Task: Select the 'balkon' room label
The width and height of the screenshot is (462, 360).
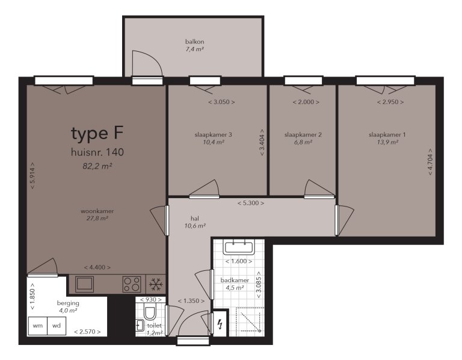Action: pyautogui.click(x=194, y=42)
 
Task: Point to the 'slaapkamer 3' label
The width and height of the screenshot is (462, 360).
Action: pyautogui.click(x=214, y=134)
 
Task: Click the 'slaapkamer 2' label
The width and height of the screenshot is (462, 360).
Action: pyautogui.click(x=303, y=134)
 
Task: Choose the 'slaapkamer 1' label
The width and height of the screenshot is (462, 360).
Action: pyautogui.click(x=387, y=134)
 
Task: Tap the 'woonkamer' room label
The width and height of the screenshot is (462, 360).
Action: pyautogui.click(x=97, y=211)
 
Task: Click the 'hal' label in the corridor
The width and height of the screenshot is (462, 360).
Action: pyautogui.click(x=195, y=219)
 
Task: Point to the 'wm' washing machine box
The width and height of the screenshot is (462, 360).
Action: pyautogui.click(x=38, y=326)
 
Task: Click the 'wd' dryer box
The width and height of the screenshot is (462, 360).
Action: pyautogui.click(x=57, y=326)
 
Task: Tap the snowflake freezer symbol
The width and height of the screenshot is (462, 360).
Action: pyautogui.click(x=156, y=284)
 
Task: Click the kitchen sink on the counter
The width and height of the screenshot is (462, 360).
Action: pyautogui.click(x=84, y=284)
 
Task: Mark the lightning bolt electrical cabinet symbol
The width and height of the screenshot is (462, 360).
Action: pyautogui.click(x=220, y=325)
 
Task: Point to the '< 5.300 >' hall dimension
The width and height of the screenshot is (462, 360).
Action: pyautogui.click(x=250, y=203)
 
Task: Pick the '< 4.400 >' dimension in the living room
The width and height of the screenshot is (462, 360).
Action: pyautogui.click(x=97, y=267)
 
